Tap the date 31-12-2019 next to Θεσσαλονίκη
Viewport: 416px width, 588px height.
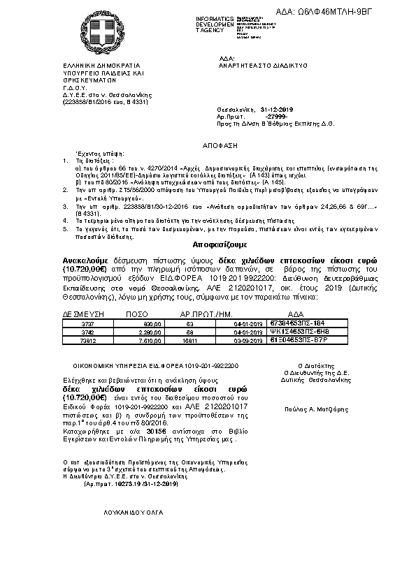click(276, 110)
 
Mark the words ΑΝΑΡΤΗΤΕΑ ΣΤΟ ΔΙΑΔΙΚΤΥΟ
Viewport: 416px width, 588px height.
click(263, 64)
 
